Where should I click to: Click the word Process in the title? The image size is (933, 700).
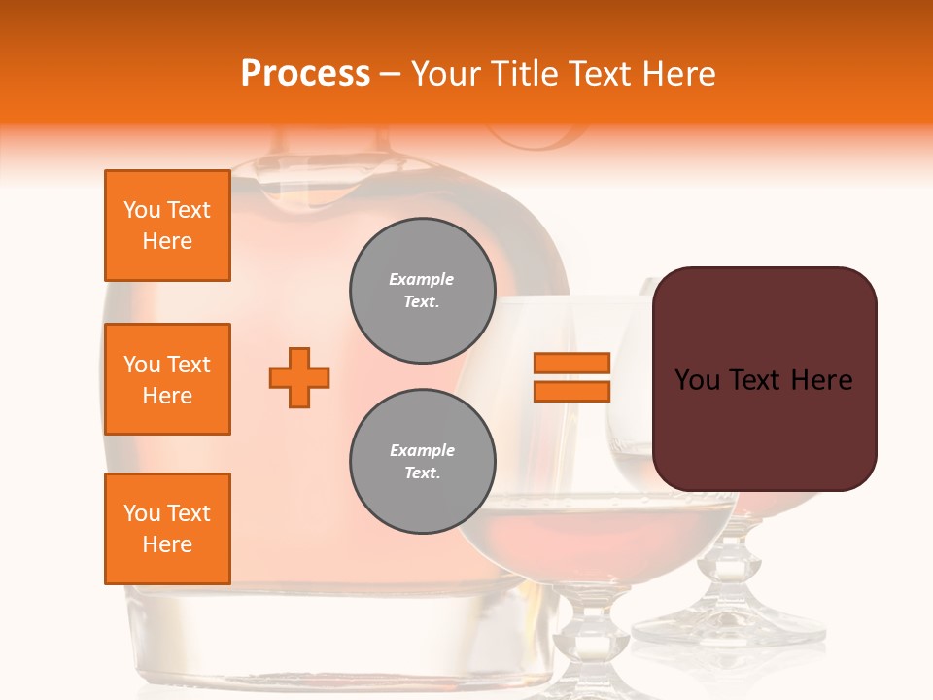click(x=305, y=74)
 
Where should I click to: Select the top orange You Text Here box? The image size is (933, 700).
click(x=167, y=226)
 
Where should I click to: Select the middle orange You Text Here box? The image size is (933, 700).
click(x=167, y=379)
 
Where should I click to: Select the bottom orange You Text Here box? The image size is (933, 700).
click(x=167, y=529)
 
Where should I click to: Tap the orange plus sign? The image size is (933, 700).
click(x=299, y=377)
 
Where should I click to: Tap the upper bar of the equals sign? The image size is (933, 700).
click(x=571, y=363)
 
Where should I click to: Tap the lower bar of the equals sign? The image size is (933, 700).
click(x=571, y=391)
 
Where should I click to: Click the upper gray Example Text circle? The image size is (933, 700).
click(x=422, y=291)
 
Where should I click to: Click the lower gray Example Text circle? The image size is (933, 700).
click(x=422, y=462)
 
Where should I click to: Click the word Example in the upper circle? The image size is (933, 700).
click(x=422, y=280)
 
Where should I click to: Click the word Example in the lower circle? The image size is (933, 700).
click(x=422, y=451)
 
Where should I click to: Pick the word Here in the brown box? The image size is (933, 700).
click(x=821, y=380)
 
